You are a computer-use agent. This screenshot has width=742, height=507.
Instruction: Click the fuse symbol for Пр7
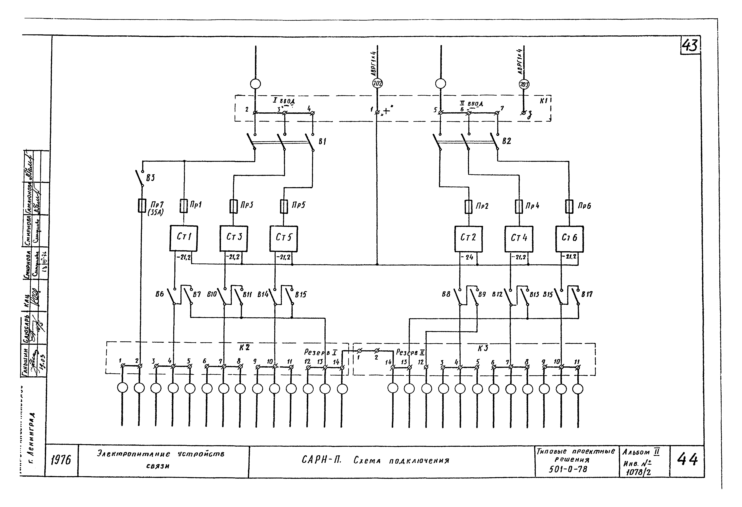tap(142, 205)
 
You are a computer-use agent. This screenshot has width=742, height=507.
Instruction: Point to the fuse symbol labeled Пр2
tap(468, 207)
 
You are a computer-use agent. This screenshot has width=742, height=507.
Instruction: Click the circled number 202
tap(377, 84)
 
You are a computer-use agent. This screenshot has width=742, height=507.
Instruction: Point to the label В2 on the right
tap(506, 141)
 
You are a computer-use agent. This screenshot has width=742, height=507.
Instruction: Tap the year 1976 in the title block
tap(61, 460)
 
